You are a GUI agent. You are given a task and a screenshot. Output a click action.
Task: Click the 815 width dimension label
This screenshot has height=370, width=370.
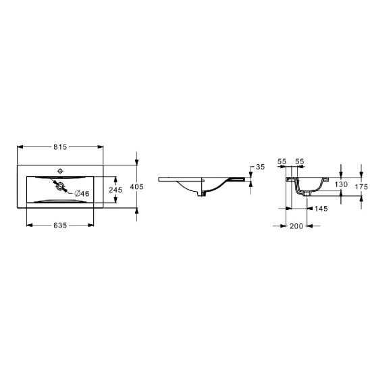pyautogui.click(x=60, y=147)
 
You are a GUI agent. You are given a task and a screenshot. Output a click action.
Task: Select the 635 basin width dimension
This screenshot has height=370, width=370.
pyautogui.click(x=60, y=226)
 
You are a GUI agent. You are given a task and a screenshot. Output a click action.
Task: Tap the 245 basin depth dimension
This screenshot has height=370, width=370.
pyautogui.click(x=115, y=190)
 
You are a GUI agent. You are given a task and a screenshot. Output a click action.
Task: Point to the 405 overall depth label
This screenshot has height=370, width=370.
pyautogui.click(x=136, y=186)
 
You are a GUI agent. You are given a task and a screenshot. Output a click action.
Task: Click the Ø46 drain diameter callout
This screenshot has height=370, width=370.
pyautogui.click(x=82, y=194)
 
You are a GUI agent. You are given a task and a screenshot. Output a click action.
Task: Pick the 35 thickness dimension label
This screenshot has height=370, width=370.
pyautogui.click(x=260, y=167)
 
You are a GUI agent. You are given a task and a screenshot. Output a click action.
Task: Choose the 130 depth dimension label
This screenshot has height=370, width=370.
pyautogui.click(x=341, y=184)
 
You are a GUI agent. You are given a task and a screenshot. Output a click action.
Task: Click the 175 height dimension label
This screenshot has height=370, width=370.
pyautogui.click(x=361, y=186)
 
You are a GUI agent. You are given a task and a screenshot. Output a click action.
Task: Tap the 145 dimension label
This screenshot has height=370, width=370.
pyautogui.click(x=321, y=209)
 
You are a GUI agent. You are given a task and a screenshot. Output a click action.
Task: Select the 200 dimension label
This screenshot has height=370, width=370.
pyautogui.click(x=296, y=226)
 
